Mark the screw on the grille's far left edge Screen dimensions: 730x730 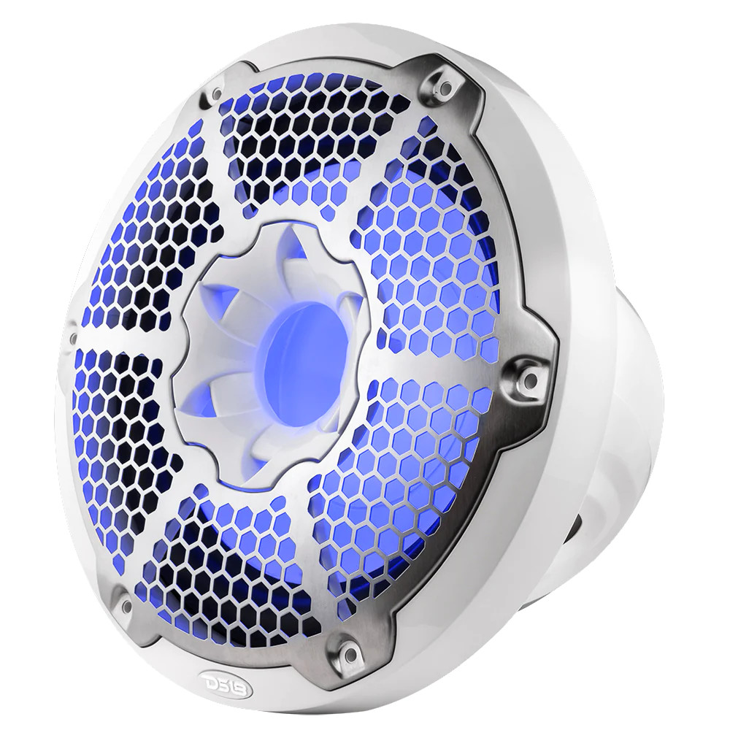click(x=73, y=337)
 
